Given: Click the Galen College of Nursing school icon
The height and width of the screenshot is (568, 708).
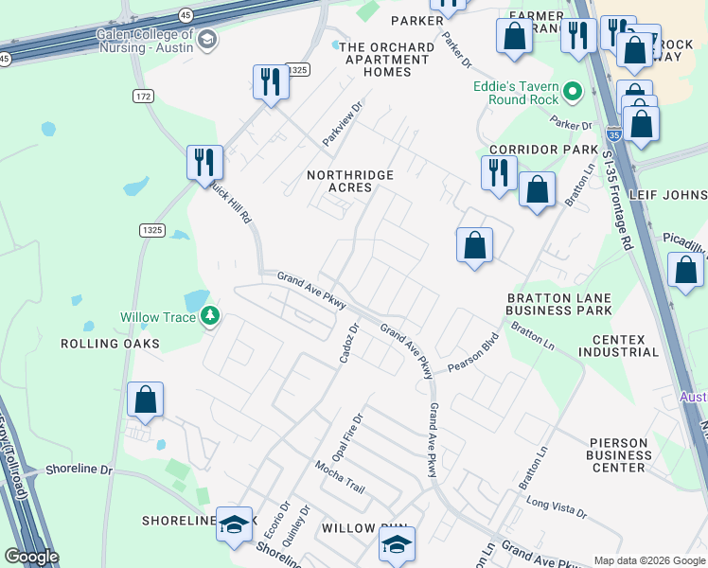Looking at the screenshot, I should pos(208,40).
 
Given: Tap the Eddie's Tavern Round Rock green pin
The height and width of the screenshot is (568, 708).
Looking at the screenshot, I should pos(572,93).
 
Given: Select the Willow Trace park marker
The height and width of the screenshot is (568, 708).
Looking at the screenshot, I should pos(209,316).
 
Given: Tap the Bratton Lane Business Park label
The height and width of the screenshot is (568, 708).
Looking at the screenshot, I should pos(558,303).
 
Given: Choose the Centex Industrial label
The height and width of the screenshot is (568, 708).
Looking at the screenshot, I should pos(625,346).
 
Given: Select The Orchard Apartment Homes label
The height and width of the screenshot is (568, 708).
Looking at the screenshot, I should pos(376,60).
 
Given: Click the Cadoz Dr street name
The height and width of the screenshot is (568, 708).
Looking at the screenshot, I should pos(347,344).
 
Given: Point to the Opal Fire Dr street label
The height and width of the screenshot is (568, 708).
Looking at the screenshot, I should pos(346,436).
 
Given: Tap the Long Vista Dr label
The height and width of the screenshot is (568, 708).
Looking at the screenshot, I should pos(557,508).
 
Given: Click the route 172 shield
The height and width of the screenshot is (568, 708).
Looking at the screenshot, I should pos(144,97).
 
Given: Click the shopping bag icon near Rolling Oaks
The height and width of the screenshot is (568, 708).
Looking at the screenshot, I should pos(145,399).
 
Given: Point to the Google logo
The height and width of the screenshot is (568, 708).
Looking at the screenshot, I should pos(31,558).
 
